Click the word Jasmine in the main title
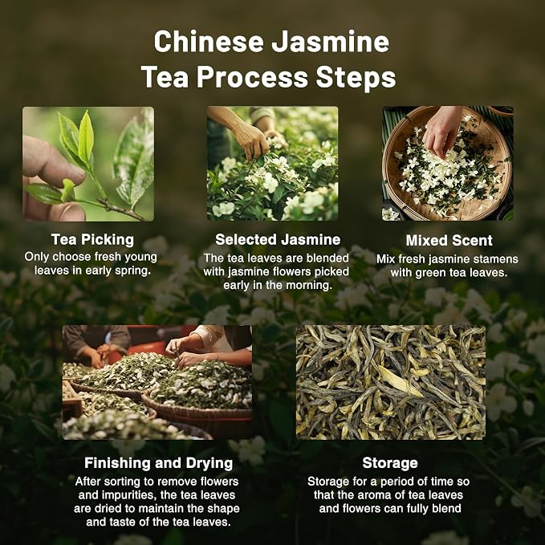pyautogui.click(x=330, y=42)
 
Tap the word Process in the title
pyautogui.click(x=253, y=77)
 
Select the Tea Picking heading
pyautogui.click(x=92, y=239)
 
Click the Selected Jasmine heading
pyautogui.click(x=278, y=239)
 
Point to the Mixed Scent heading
pyautogui.click(x=449, y=241)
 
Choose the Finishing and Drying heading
pyautogui.click(x=158, y=463)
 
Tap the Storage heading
pyautogui.click(x=390, y=463)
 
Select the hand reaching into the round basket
pyautogui.click(x=441, y=131)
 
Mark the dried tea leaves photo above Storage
pyautogui.click(x=391, y=382)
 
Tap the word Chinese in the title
pyautogui.click(x=209, y=42)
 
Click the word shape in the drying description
pyautogui.click(x=223, y=509)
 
